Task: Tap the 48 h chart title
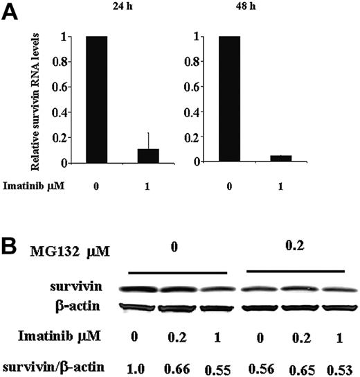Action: (268, 8)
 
